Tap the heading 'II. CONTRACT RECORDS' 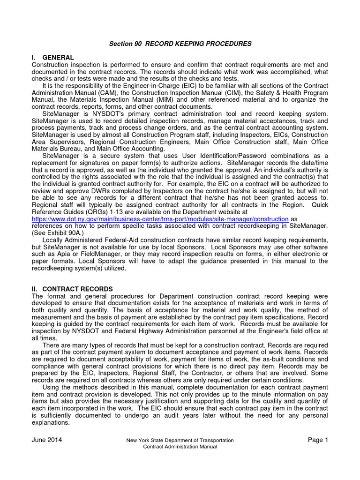click(x=72, y=289)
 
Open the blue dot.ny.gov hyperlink click(x=159, y=219)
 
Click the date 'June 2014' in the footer click(x=46, y=440)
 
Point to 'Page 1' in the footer click(x=318, y=440)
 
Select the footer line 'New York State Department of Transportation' click(x=180, y=441)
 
